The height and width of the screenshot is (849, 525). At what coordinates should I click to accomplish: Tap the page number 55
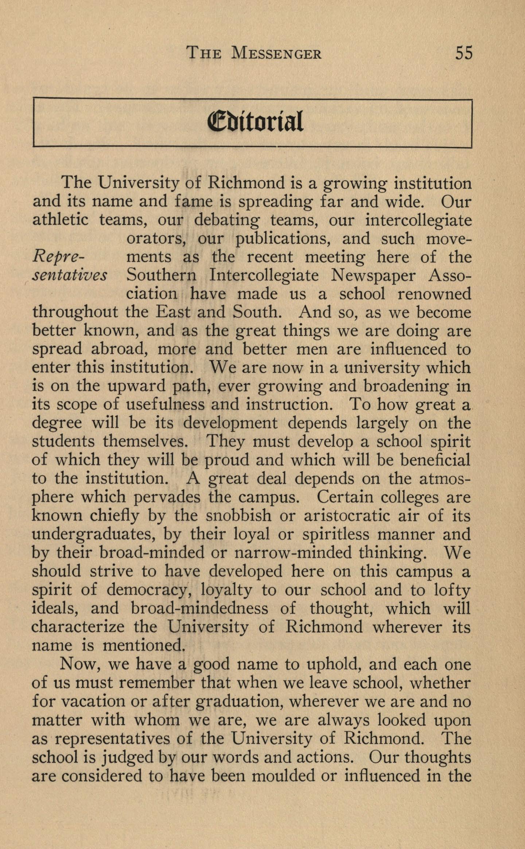pos(463,53)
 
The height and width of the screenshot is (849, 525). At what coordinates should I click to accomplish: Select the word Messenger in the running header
pos(276,54)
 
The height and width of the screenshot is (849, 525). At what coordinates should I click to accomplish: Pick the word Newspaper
pos(373,276)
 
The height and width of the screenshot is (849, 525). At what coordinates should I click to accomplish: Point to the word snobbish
pos(238,516)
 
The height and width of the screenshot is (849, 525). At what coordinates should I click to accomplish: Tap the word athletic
pos(60,220)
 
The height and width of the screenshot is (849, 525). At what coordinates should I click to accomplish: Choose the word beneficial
pos(435,460)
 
